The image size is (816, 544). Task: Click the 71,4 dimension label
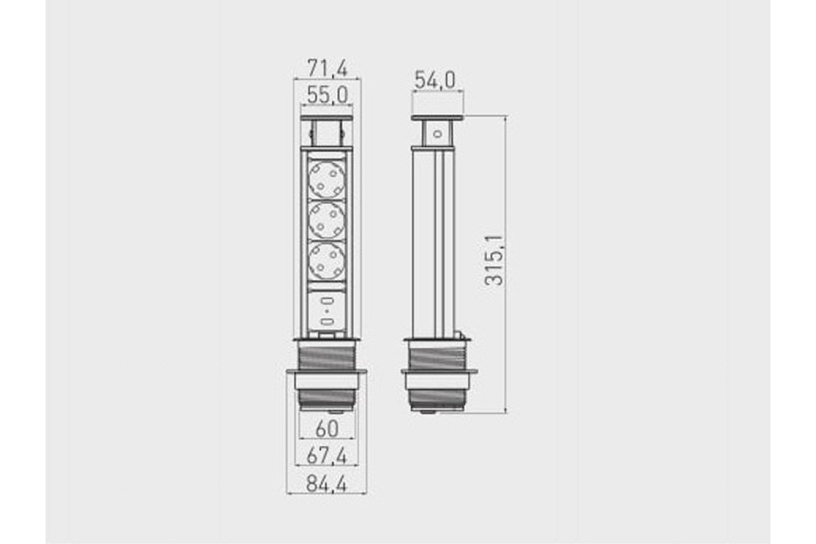(328, 68)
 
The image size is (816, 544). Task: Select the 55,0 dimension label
(328, 95)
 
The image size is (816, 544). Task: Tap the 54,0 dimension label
(435, 80)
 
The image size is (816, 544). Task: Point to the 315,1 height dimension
(494, 260)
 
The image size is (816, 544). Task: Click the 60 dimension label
(327, 429)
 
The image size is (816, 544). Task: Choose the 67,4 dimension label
(326, 456)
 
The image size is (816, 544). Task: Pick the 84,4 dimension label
(327, 484)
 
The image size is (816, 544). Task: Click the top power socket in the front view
(327, 180)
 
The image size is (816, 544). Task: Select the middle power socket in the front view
(327, 220)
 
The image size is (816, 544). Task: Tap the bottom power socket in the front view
(327, 261)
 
